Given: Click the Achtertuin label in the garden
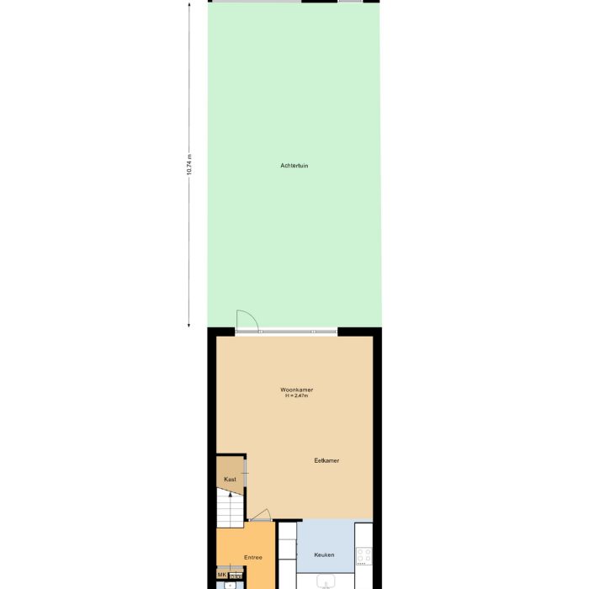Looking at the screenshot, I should point(294,166).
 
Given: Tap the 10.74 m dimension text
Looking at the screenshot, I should point(189,164).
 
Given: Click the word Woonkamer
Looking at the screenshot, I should point(297,390).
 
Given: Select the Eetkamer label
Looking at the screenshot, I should point(326,460).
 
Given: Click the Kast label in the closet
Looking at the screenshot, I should point(229,479).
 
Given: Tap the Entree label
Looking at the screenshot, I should point(253,557).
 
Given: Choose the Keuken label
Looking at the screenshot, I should point(324,555).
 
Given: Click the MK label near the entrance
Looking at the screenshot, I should point(222,576).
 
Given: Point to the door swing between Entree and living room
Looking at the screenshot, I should point(261,516).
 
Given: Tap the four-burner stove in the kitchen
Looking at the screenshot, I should point(363,555).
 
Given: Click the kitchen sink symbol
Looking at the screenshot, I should point(326,581).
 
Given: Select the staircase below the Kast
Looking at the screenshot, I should point(229,507).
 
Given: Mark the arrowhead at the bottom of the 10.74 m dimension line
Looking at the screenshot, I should point(189,324).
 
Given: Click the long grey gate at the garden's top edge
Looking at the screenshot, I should point(256,2).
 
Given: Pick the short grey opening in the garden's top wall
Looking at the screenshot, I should point(351,2).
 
